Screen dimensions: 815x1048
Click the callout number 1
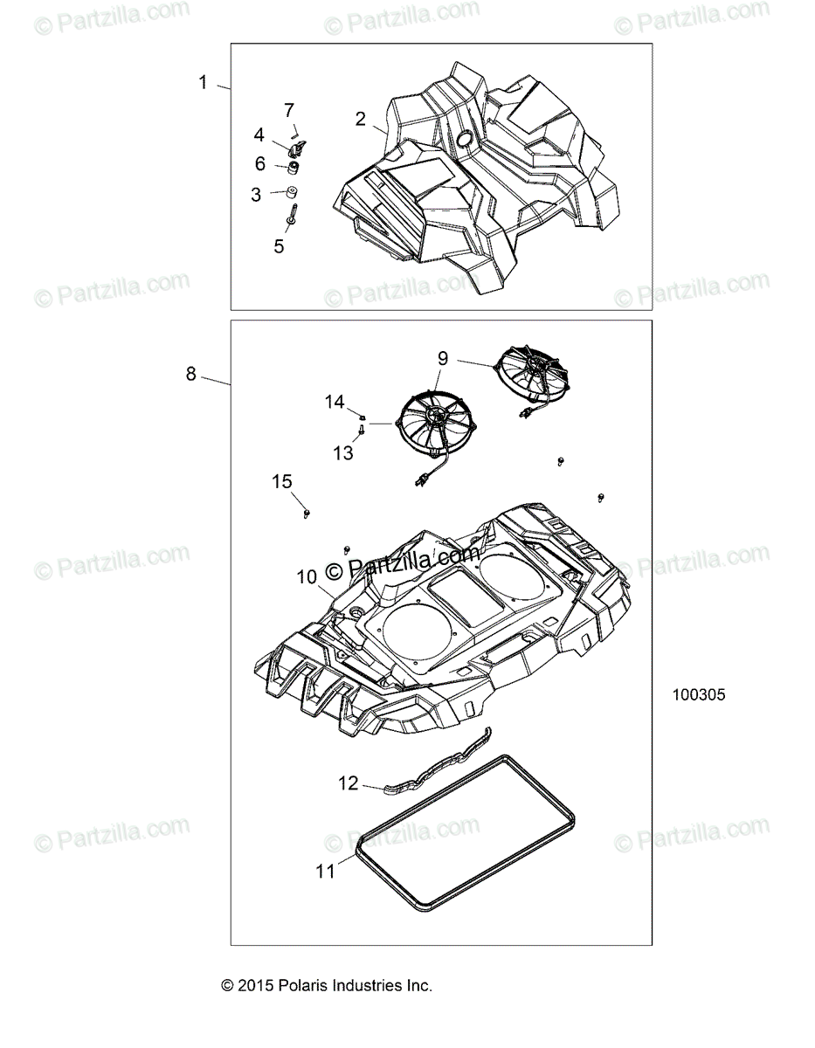tap(203, 83)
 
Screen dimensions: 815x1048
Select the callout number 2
tap(361, 119)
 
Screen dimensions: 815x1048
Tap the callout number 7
tap(288, 110)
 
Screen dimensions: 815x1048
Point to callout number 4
tap(259, 134)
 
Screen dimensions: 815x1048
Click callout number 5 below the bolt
tap(279, 246)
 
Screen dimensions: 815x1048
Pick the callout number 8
tap(191, 374)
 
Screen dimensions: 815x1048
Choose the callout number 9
tap(443, 357)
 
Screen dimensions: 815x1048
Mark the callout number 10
tap(307, 576)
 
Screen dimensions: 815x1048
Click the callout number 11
tap(325, 871)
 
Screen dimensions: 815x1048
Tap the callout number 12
tap(348, 783)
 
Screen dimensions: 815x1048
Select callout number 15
tap(282, 481)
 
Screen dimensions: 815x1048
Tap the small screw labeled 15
tap(307, 514)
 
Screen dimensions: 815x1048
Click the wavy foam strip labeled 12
tap(437, 764)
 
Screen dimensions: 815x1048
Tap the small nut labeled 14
tap(360, 414)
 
